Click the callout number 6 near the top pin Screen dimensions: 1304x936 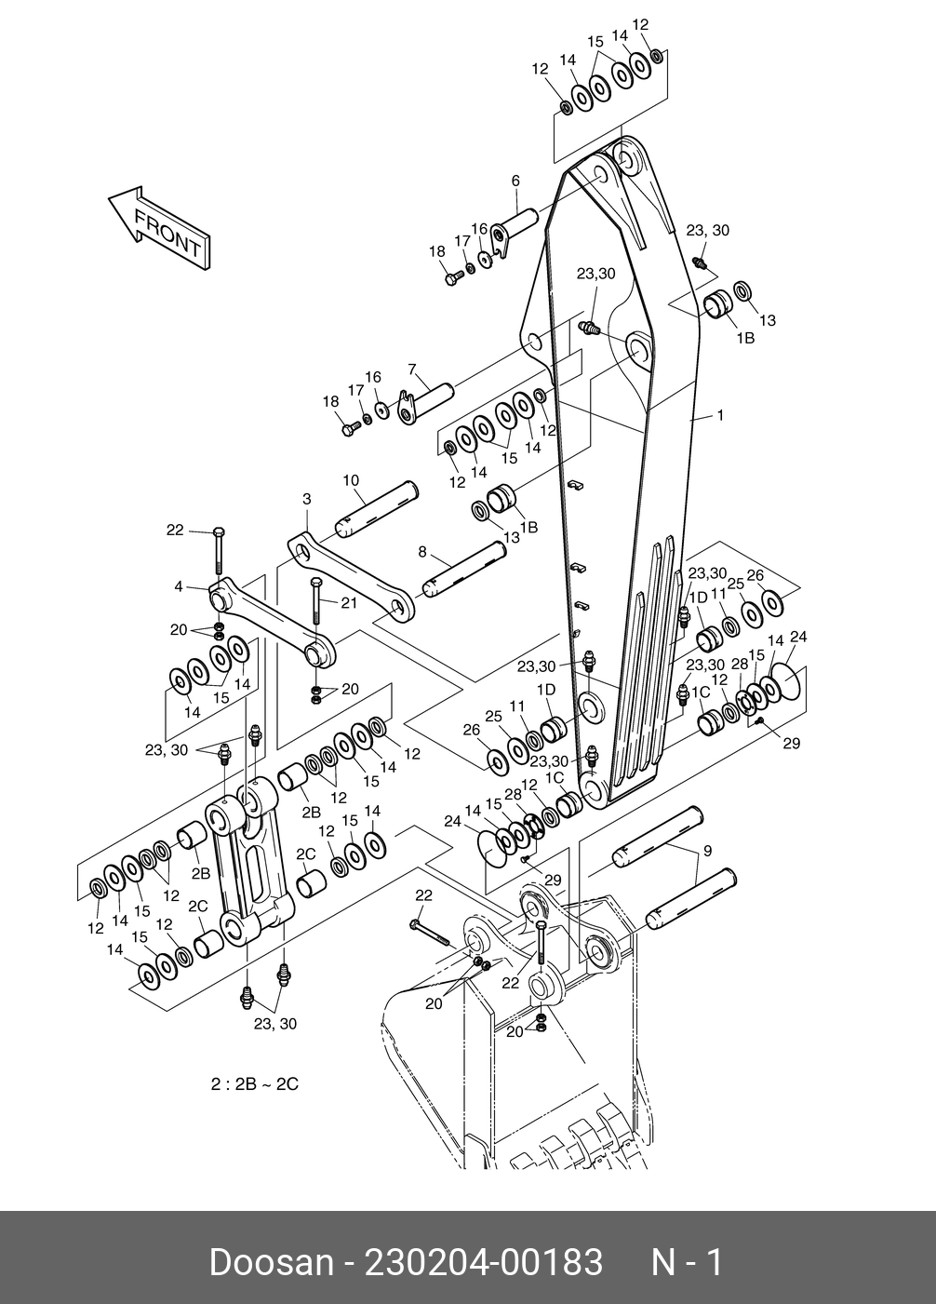515,181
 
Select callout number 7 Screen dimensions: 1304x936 412,369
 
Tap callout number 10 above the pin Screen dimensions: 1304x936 351,481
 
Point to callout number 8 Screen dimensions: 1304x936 422,552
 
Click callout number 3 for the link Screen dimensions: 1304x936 307,500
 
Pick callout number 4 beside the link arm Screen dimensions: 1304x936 178,586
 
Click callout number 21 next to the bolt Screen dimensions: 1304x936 349,603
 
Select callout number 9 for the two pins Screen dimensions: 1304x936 707,851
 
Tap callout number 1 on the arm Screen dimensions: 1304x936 719,416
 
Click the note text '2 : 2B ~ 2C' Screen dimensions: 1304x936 254,1084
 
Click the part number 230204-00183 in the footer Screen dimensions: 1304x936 484,1263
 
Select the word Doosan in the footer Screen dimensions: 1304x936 270,1263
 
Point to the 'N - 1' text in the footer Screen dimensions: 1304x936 687,1263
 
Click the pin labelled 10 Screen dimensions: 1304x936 377,510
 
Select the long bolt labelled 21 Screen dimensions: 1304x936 316,602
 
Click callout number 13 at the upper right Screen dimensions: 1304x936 768,320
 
